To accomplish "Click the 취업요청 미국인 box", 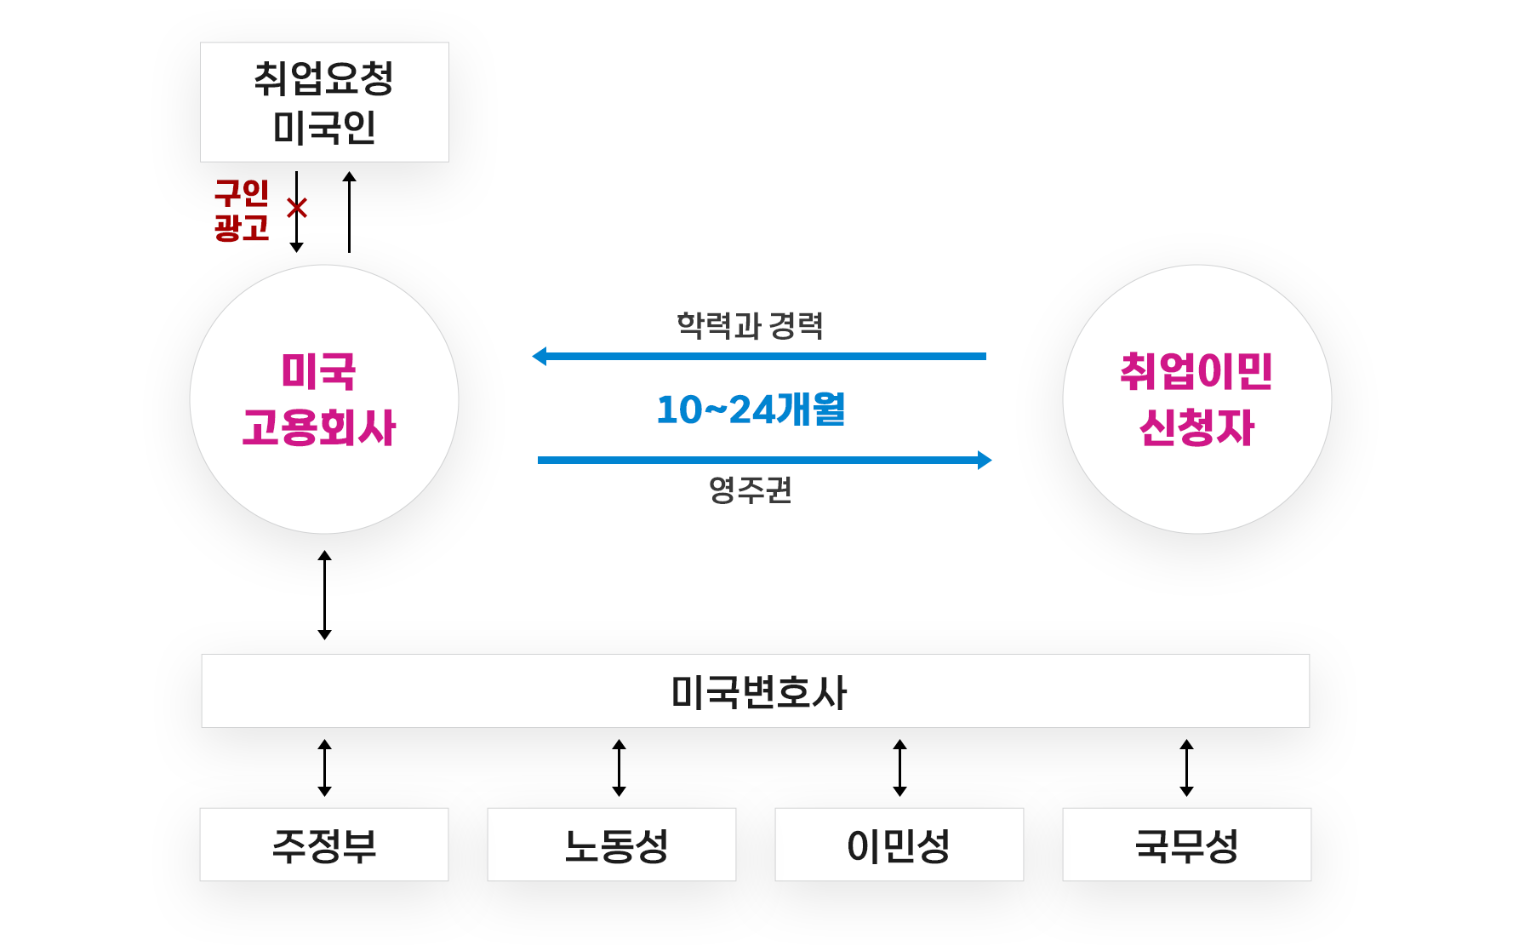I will click(324, 102).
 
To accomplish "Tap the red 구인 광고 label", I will click(242, 210).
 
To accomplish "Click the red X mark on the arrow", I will click(297, 208).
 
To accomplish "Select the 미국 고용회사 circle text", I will click(320, 399).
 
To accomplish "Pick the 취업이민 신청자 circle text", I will click(1196, 399).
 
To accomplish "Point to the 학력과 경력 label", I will click(750, 325).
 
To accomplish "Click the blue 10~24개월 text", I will click(751, 410).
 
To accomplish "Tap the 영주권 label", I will click(750, 490).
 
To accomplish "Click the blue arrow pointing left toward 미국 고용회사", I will click(757, 356).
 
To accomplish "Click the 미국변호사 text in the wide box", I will click(758, 692).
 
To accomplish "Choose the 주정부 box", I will click(324, 845).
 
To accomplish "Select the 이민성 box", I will click(899, 845).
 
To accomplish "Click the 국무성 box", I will click(1186, 845).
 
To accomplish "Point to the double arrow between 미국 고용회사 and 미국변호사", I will click(324, 595).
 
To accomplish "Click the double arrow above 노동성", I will click(619, 768).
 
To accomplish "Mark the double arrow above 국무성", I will click(1186, 768).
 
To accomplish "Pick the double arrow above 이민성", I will click(899, 768).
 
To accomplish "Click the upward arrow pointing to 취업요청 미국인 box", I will click(349, 212).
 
